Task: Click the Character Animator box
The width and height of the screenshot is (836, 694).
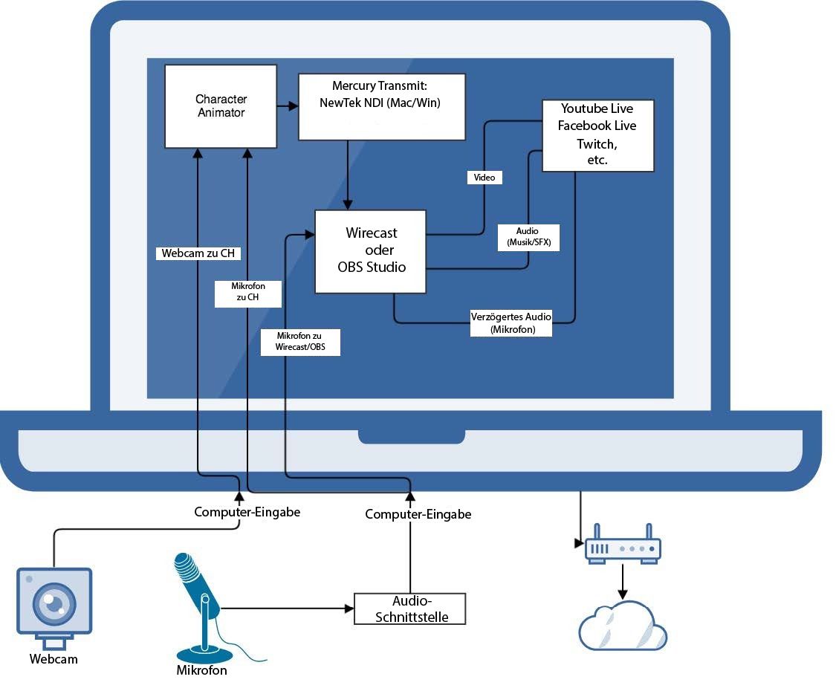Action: (x=221, y=106)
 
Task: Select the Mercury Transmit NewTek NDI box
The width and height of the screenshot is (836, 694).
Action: (x=381, y=106)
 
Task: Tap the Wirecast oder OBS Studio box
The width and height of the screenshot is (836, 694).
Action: (x=371, y=251)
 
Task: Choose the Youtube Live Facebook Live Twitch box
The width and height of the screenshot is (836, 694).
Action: (x=597, y=135)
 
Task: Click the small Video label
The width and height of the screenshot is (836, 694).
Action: (x=485, y=178)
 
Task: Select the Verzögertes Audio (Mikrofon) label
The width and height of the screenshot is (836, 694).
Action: (x=511, y=323)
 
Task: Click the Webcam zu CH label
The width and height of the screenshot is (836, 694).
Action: (x=198, y=253)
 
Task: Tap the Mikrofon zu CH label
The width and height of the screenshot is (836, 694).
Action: (x=248, y=293)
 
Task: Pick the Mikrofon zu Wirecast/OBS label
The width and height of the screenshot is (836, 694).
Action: (x=300, y=343)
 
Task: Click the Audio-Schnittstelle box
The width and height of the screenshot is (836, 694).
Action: (x=409, y=609)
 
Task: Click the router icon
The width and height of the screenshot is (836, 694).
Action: (x=623, y=547)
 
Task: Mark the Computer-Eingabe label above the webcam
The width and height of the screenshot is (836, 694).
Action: (x=247, y=511)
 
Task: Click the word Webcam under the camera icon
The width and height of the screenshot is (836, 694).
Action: (x=54, y=659)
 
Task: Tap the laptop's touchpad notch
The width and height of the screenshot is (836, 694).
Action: (x=411, y=435)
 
